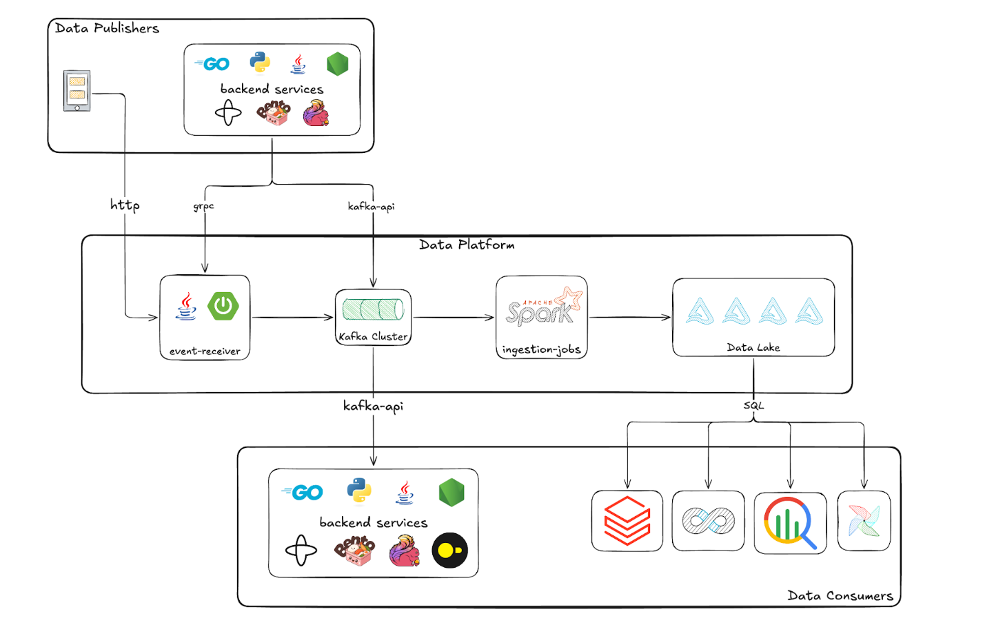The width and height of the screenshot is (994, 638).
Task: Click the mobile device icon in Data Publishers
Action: point(77,90)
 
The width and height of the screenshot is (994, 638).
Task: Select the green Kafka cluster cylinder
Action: point(373,309)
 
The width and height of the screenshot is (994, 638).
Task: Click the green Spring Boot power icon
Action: point(223,305)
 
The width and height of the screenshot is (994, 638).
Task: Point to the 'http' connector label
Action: point(125,205)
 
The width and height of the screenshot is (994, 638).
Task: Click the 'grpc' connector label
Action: point(203,206)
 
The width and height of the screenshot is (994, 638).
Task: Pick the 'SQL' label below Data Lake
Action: point(753,405)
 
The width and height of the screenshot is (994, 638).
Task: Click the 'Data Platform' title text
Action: point(467,245)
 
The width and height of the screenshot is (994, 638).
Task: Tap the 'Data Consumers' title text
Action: point(840,596)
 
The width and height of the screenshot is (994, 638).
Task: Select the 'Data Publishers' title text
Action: point(107,28)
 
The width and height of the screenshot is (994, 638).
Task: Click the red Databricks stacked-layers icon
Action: point(627,520)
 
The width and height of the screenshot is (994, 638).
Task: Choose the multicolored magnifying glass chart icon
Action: point(790,522)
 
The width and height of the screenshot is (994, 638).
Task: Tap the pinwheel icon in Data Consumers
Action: point(864,521)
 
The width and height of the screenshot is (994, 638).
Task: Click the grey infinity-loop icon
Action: point(708,520)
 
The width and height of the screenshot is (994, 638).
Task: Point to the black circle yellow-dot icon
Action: point(449,550)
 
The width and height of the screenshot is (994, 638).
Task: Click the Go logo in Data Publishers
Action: point(212,64)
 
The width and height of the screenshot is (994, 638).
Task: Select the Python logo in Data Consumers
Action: point(359,491)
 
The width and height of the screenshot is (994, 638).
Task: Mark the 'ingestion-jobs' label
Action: point(541,349)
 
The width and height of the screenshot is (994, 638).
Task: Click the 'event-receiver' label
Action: point(205,351)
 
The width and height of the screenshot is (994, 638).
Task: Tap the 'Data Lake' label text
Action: point(753,347)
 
